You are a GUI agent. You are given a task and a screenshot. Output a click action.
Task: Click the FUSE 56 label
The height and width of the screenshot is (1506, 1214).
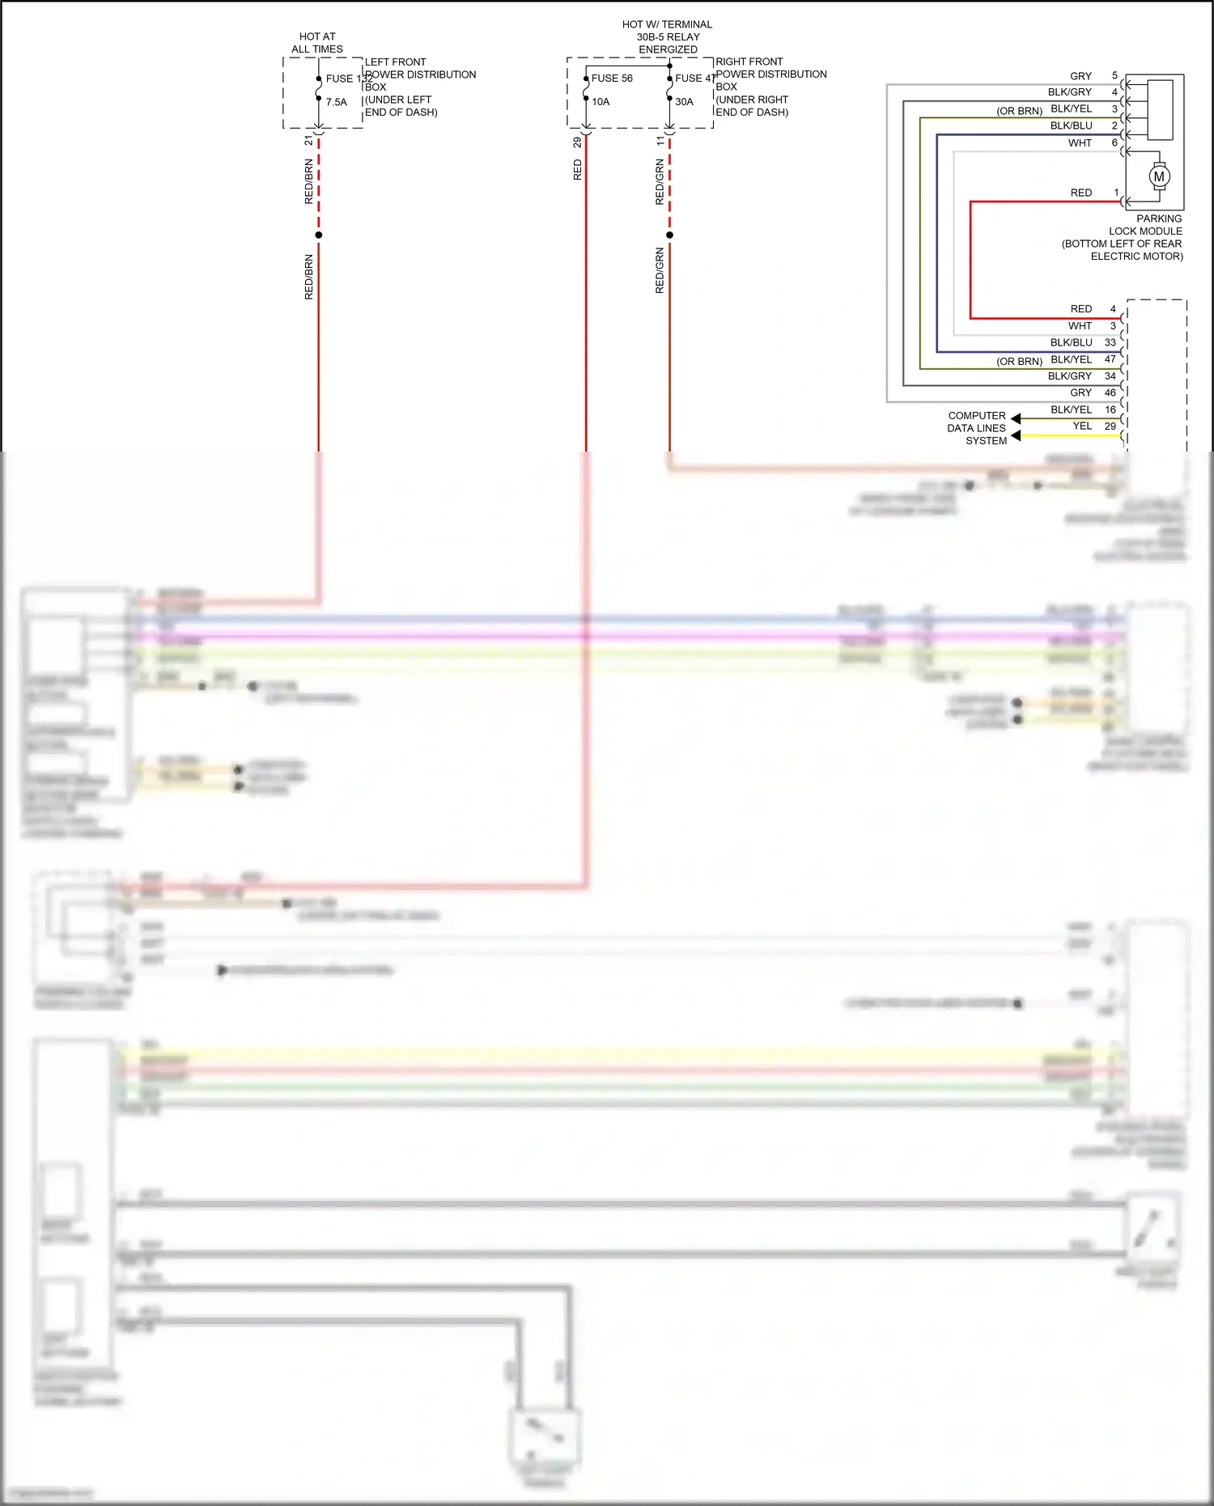pos(612,78)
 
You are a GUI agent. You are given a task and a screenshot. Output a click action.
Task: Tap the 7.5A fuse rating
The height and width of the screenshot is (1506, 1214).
pos(337,103)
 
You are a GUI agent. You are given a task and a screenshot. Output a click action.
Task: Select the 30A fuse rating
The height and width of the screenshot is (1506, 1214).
pos(684,102)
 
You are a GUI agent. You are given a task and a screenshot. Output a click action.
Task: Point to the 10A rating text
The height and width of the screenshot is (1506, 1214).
pos(601,102)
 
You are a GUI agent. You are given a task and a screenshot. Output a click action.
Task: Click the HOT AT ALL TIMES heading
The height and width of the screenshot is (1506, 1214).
pos(317,43)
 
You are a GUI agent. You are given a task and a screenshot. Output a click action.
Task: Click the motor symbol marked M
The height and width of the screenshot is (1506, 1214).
pos(1159,176)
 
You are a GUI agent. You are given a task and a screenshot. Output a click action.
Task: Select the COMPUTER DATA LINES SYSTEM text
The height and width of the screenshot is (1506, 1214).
pos(977,428)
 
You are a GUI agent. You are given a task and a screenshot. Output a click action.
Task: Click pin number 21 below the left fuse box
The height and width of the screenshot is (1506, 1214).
pos(308,141)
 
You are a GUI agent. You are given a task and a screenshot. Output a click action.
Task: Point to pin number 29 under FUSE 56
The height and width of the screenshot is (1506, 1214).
pos(577,142)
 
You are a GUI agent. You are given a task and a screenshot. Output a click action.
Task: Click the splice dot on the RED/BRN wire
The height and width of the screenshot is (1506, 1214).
pos(319,235)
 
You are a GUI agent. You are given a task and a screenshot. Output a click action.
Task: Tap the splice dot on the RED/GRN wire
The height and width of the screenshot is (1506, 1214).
pos(669,235)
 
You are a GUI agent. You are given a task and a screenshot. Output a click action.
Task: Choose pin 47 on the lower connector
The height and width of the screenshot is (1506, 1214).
pos(1110,359)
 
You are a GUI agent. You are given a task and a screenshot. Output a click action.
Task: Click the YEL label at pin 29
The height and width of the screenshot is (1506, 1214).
pos(1082,426)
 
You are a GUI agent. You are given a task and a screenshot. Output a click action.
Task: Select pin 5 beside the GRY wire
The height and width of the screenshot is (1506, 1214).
pos(1114,75)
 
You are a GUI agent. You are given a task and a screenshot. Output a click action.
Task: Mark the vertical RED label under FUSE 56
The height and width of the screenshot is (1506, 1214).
pos(577,170)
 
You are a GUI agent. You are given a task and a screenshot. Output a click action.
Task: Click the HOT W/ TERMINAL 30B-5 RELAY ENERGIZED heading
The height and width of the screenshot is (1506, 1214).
pos(668,37)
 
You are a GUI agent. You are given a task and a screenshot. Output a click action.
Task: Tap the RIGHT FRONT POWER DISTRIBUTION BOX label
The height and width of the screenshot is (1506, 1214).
pos(770,87)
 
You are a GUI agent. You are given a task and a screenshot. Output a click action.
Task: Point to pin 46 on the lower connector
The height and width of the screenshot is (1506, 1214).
pos(1110,392)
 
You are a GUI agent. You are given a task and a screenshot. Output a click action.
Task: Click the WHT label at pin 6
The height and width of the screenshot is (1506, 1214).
pos(1080,143)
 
